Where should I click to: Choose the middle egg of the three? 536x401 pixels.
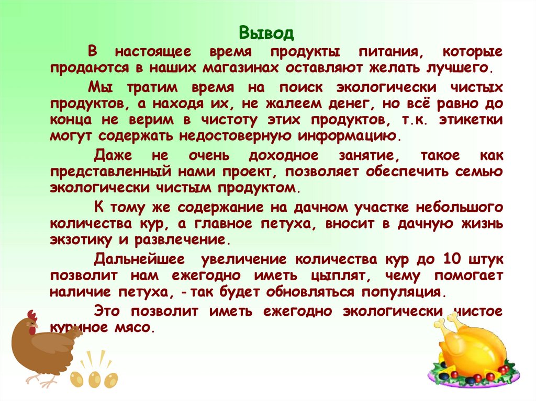(x=95, y=378)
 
